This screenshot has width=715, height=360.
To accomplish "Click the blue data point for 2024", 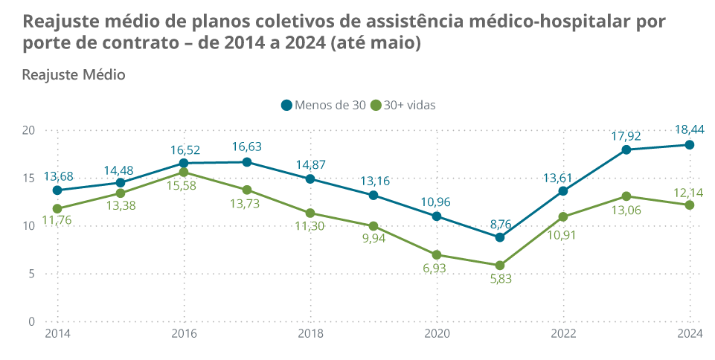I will (690, 145).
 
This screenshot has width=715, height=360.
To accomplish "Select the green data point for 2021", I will (500, 266).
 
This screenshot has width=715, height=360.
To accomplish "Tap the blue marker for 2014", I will (57, 190).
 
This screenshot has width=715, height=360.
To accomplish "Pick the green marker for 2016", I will (184, 173).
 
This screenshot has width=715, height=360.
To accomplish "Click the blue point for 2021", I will (500, 237).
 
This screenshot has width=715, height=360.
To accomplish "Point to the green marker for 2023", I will (626, 196).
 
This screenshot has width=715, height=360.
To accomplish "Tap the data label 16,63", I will (247, 147).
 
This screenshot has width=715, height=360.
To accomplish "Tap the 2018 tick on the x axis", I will (310, 333).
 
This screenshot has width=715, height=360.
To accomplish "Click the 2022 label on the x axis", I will (563, 333).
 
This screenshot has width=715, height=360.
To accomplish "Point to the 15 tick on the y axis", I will (30, 178).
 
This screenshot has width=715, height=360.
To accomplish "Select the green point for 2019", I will (373, 226).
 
